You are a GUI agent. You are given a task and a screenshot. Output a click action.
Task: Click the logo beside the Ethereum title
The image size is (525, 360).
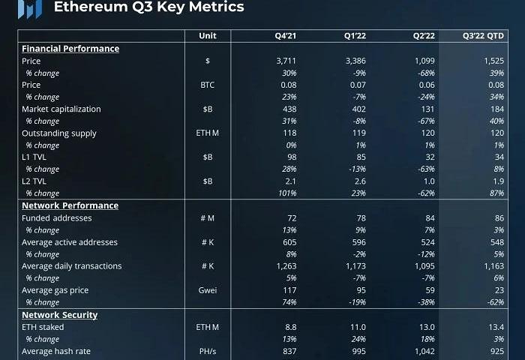tap(29, 7)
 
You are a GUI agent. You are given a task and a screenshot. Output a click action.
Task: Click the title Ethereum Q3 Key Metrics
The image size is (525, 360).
tap(148, 7)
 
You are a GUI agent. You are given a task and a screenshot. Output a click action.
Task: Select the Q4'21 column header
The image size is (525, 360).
tap(286, 36)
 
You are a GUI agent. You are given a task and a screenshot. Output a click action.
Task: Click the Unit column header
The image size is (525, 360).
tap(208, 36)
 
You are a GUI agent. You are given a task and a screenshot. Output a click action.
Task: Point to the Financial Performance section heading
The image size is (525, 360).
tap(70, 49)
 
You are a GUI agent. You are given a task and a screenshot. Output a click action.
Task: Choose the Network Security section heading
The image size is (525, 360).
tap(59, 315)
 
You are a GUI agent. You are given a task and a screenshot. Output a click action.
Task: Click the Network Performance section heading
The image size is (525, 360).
tap(70, 205)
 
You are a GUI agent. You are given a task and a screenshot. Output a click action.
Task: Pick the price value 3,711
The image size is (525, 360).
tap(286, 61)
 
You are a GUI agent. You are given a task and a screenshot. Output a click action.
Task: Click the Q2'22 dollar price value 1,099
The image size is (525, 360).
tap(424, 61)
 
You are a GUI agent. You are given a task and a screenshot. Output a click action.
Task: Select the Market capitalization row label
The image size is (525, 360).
tap(61, 109)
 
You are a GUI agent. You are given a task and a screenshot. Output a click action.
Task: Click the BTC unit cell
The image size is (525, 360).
tap(208, 85)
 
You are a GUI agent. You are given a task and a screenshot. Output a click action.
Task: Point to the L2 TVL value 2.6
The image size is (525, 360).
tap(358, 181)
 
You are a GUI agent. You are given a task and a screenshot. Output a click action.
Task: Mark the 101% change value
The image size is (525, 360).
tap(288, 193)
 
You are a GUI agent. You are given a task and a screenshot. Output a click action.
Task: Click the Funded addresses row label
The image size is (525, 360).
tap(57, 218)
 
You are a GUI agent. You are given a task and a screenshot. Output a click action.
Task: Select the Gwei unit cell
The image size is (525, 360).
tap(208, 290)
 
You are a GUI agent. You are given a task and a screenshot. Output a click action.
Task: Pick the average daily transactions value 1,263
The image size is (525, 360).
tap(286, 266)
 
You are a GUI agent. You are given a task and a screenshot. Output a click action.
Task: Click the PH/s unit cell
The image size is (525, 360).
tap(208, 351)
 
